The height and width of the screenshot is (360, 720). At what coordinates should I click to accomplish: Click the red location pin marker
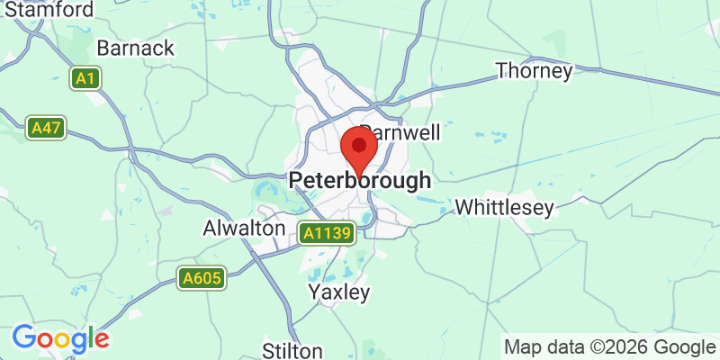[x=359, y=150]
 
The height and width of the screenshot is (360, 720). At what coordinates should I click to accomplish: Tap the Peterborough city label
[x=360, y=181]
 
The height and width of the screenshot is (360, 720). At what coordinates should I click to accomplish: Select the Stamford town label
[x=48, y=11]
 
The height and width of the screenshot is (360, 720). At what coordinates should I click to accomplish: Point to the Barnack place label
[x=135, y=48]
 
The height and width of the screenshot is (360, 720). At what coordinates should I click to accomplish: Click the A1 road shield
[x=85, y=79]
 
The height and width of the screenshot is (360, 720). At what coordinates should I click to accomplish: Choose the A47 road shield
[x=45, y=128]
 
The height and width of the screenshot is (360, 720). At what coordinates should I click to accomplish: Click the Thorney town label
[x=535, y=70]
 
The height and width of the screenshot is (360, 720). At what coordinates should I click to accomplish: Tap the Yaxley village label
[x=339, y=292]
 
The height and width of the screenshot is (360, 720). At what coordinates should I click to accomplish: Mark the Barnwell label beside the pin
[x=401, y=132]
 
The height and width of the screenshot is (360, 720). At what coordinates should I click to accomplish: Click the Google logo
[x=60, y=339]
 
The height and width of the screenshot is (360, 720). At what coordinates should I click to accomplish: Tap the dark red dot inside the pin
[x=360, y=145]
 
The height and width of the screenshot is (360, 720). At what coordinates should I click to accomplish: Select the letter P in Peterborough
[x=296, y=181]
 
